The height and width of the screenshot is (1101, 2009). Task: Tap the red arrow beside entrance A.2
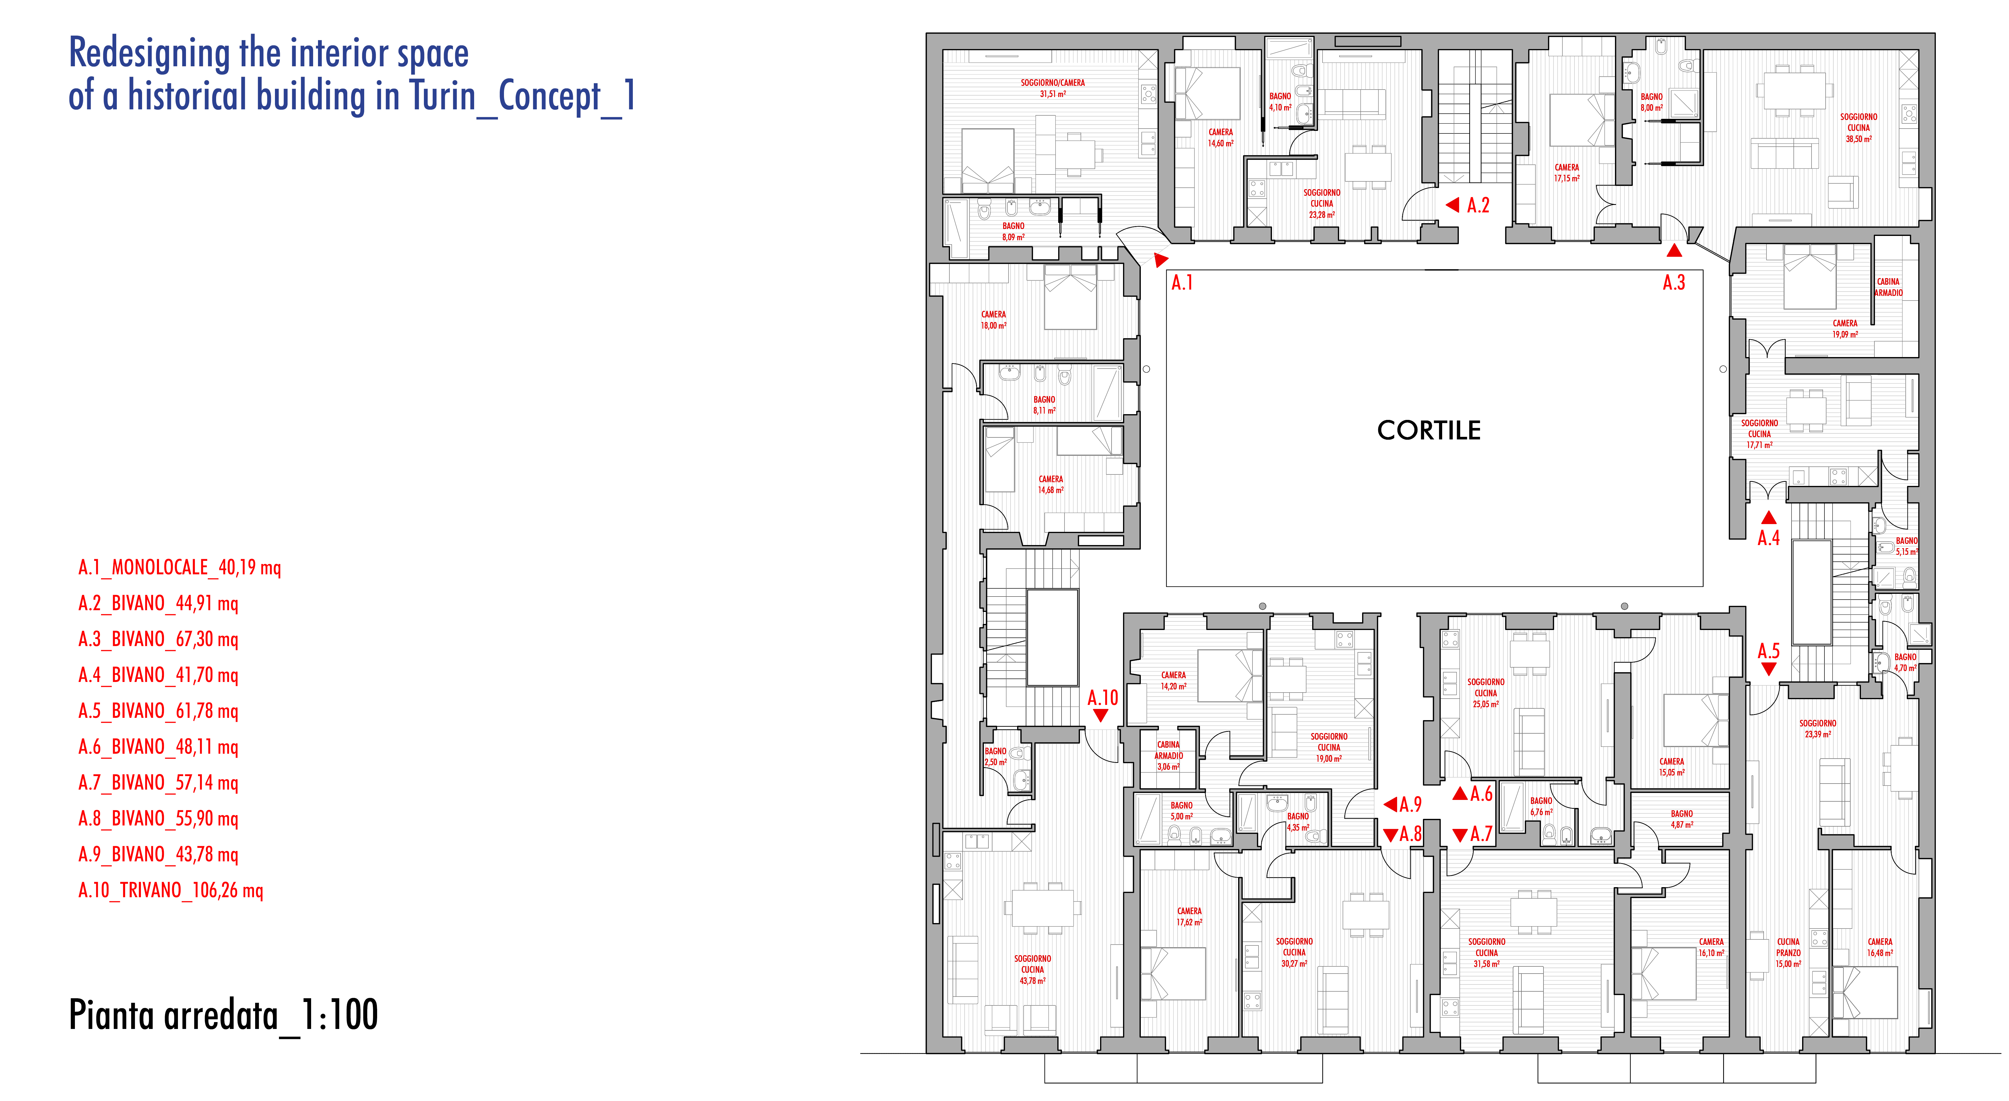coord(1452,205)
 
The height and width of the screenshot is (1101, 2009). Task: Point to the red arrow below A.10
coord(1101,715)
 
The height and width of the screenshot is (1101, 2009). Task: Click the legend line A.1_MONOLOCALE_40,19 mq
coord(179,568)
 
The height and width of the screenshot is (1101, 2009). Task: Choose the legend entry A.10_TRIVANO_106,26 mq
coord(171,890)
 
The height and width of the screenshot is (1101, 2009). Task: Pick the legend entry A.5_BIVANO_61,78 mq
coord(158,711)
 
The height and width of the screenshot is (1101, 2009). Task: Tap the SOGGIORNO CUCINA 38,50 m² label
coord(1859,128)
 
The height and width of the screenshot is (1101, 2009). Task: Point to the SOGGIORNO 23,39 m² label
coord(1817,728)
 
